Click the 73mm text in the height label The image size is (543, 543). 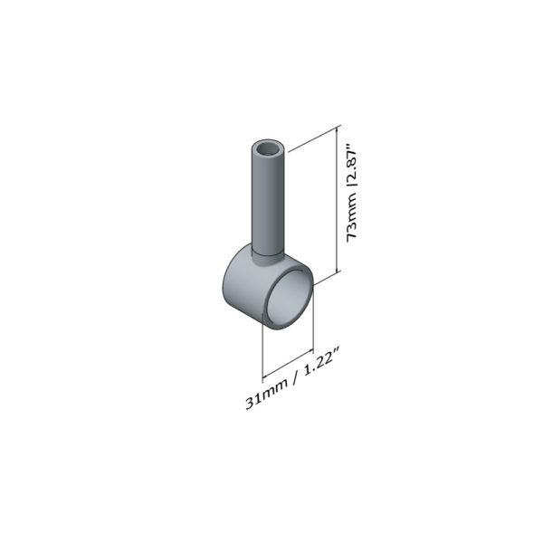tap(353, 219)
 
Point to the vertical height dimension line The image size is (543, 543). tap(338, 204)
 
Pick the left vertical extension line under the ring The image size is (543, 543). tap(262, 348)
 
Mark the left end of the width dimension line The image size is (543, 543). tap(263, 376)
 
